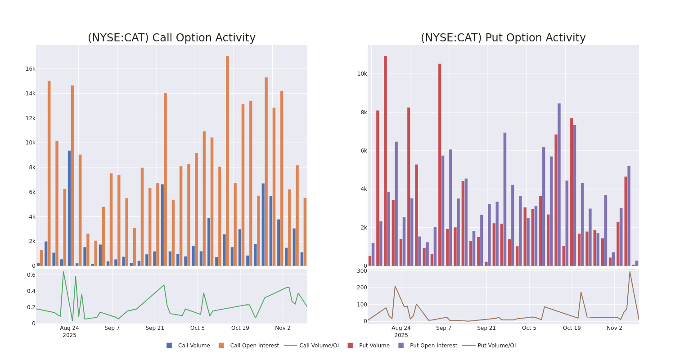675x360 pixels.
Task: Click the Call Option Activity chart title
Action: point(171,38)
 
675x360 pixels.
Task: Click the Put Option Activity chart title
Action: point(503,38)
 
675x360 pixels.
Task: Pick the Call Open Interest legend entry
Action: point(254,346)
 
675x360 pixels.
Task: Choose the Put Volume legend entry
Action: point(374,346)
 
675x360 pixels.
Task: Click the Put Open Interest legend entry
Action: point(433,346)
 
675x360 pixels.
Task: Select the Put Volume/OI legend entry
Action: point(496,346)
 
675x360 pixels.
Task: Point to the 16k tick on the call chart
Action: point(30,69)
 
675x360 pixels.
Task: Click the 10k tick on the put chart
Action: point(362,74)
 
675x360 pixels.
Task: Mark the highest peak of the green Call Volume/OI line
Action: point(63,272)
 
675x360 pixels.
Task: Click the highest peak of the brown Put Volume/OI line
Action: point(630,272)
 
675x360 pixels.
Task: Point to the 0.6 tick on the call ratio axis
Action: point(31,275)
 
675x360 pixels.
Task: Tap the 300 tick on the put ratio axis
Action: point(362,271)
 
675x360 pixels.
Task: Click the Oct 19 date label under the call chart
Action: point(240,328)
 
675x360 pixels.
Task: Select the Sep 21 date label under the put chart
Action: point(486,328)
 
